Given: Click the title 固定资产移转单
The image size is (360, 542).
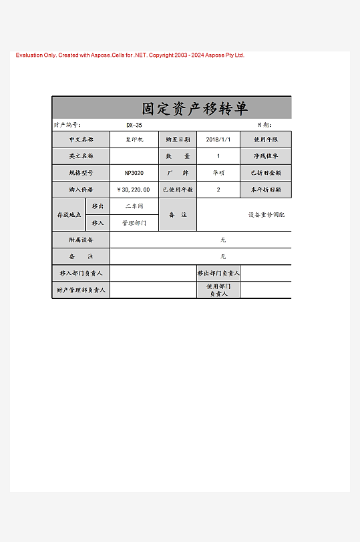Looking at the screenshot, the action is point(194,109).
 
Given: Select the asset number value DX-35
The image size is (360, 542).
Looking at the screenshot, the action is point(134,125).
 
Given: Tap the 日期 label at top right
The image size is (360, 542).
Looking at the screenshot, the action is point(264,125).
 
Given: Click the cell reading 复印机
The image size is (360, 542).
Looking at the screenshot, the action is point(134,140).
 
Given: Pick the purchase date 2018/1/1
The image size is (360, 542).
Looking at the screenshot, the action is point(218,140).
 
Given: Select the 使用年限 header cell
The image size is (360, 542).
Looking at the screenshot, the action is point(265,140).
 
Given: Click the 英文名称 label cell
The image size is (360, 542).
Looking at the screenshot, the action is point(81,156).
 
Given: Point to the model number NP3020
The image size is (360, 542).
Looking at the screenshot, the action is point(134,173).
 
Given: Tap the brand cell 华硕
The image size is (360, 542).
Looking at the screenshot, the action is point(218,173).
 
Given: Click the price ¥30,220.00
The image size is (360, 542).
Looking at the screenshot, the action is point(134,190).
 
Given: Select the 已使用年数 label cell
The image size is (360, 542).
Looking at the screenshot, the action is point(178,190).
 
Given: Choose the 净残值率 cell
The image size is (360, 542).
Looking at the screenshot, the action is point(265,156).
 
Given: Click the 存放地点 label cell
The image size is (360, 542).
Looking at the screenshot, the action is point(68,215).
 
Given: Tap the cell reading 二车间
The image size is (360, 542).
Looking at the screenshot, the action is point(134,206).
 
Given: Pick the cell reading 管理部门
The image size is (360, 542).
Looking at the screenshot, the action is point(134,223).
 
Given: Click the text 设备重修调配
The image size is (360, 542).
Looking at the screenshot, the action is point(266,215).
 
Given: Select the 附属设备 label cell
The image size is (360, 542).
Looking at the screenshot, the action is point(81,240).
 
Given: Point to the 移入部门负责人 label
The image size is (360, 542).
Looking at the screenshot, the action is point(81,273).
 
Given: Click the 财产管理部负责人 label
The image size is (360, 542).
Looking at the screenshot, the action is point(81,290).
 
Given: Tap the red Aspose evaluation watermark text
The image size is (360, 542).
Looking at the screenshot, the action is point(130,55).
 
